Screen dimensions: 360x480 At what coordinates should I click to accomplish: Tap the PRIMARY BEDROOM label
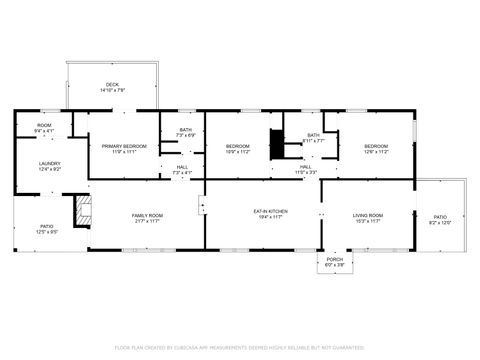tap(124, 146)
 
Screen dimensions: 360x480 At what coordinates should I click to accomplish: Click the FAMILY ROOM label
tap(148, 215)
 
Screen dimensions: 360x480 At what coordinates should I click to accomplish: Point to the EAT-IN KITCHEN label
tap(270, 211)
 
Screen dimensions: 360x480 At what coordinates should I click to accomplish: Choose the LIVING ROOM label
tap(367, 215)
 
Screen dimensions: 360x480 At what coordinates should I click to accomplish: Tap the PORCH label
tap(334, 259)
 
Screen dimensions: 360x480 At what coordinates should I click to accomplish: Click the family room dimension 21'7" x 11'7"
tap(148, 221)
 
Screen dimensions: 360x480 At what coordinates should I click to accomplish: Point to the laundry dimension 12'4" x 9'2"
tap(50, 169)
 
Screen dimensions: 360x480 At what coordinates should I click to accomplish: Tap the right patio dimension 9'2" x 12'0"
tap(440, 222)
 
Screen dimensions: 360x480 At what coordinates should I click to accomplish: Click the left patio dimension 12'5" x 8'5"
tap(47, 232)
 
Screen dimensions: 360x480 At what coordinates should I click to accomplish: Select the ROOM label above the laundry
tap(44, 126)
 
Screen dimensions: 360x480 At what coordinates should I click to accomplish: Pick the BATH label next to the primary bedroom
tap(185, 129)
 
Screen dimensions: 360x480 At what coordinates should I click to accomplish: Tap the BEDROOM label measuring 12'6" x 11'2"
tap(375, 146)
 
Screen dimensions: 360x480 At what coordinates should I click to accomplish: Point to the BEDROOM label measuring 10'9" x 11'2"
tap(236, 146)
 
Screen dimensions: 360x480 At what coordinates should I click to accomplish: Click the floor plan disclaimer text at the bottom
tap(240, 347)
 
